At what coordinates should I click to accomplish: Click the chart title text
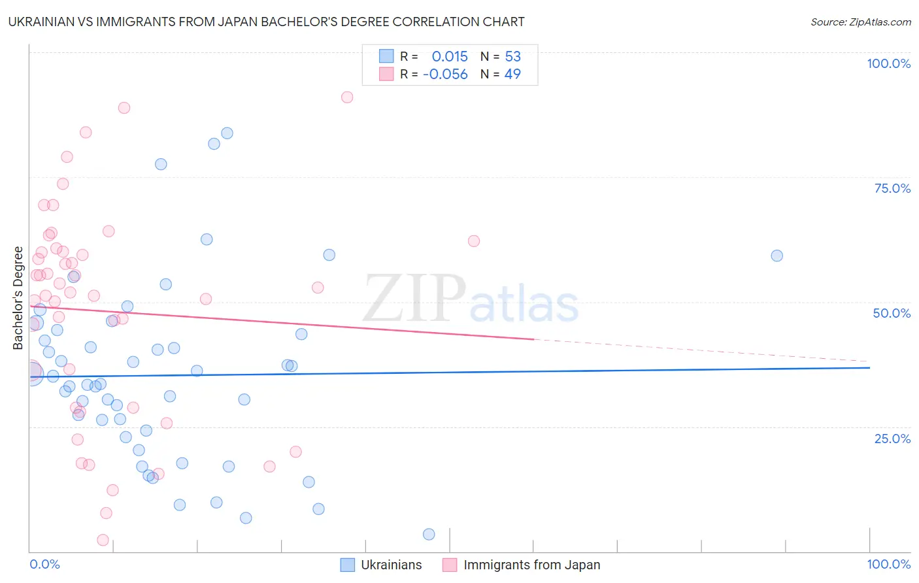click(x=266, y=22)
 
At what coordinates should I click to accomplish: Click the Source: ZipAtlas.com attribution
click(x=860, y=22)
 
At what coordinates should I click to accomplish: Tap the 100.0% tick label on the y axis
click(x=888, y=63)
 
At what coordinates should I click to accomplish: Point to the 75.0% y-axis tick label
click(x=892, y=188)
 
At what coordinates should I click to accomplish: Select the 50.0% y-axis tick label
click(x=892, y=313)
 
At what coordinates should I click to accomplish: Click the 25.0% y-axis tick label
click(x=892, y=439)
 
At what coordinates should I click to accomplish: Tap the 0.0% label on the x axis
click(x=44, y=564)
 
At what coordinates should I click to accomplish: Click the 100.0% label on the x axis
click(x=888, y=564)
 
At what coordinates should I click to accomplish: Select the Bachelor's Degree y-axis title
click(x=18, y=297)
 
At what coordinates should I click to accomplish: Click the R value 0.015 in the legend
click(x=450, y=57)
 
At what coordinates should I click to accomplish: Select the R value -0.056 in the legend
click(x=445, y=75)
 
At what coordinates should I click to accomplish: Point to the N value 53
click(x=512, y=57)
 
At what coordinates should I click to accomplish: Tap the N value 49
click(x=512, y=75)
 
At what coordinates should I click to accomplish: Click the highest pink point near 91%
click(x=347, y=97)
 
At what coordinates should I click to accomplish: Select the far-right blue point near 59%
click(x=777, y=256)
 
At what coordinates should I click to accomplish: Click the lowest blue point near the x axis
click(x=429, y=534)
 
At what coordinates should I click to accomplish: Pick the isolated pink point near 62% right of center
click(x=474, y=241)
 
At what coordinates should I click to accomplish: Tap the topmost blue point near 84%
click(x=227, y=133)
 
